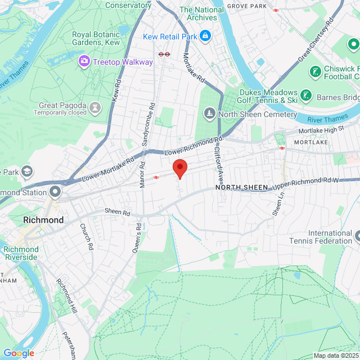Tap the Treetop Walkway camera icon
pos(84,60)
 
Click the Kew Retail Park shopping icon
pos(205,36)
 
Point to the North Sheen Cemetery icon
pos(209,114)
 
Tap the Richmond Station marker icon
pos(55,192)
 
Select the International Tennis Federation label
pos(330,237)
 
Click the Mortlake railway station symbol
pos(282,148)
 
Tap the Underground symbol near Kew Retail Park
pos(164,54)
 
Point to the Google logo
pos(19,353)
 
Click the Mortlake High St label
pos(320,130)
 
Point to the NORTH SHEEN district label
pos(241,187)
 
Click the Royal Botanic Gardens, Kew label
pos(96,38)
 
